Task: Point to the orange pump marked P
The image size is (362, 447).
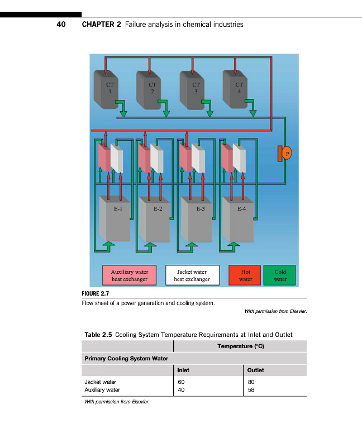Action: point(286,153)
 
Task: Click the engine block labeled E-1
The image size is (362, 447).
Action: point(115,218)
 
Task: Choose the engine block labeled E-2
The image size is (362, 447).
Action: point(156,218)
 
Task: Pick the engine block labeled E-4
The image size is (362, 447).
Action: point(240,218)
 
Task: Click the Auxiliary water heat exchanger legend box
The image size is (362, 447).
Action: point(130,275)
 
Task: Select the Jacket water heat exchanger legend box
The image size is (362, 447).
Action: point(192,275)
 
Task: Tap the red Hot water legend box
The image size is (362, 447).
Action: point(245,275)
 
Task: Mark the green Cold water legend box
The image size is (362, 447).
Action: point(280,275)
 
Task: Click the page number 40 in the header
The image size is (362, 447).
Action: point(61,25)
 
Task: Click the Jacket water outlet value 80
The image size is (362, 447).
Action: point(250,382)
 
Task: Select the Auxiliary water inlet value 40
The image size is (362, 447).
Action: point(181,389)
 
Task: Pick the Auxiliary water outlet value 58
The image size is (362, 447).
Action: point(250,389)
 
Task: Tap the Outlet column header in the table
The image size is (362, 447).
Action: point(255,370)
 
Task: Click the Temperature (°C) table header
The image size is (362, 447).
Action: point(240,346)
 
